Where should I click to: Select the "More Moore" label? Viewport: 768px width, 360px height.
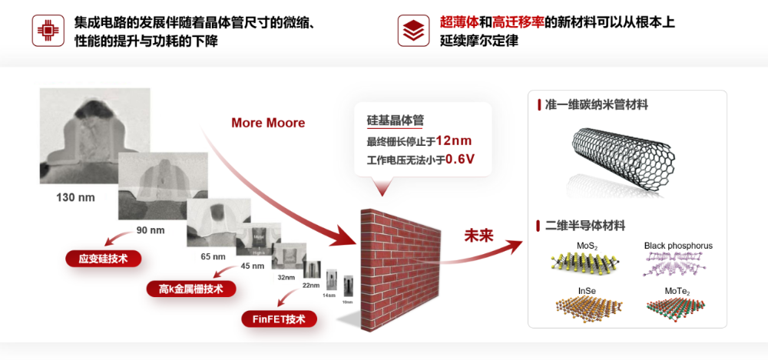(x=268, y=123)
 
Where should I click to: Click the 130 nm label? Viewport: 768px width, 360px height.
(x=75, y=197)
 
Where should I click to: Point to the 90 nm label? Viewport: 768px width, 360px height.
(x=150, y=230)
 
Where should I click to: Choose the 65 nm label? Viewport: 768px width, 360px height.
(x=213, y=256)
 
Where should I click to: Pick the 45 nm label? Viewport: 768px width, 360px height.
(x=252, y=266)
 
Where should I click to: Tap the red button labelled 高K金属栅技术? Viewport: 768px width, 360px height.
(x=190, y=289)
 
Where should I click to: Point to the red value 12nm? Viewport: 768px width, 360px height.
(x=454, y=140)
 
